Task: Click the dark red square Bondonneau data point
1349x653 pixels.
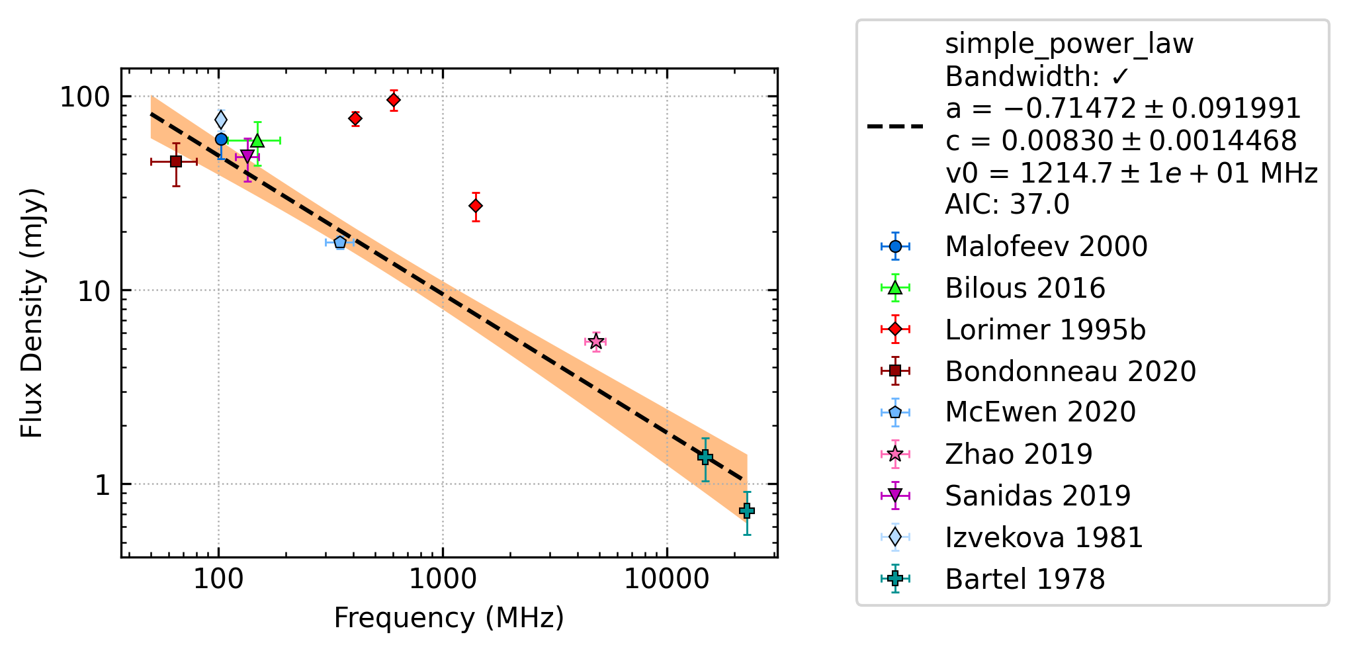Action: [176, 161]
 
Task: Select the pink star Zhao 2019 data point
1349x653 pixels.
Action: [595, 341]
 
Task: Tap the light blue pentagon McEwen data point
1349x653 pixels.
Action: [340, 243]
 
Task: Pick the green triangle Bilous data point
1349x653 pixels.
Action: [257, 140]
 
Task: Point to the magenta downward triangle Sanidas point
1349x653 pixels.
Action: [247, 157]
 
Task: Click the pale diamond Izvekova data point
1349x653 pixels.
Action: [221, 120]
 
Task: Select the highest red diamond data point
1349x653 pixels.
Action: [394, 100]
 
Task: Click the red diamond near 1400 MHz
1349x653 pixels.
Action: [475, 206]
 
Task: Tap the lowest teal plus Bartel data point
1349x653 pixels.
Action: [747, 511]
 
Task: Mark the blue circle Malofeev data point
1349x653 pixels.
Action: [221, 139]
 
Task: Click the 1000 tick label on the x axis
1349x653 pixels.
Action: [443, 580]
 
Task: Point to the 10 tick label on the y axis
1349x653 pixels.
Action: [94, 290]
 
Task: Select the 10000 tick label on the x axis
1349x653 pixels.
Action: [666, 580]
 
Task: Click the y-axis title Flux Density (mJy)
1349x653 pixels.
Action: [32, 313]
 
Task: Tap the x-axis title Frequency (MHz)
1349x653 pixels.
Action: [449, 618]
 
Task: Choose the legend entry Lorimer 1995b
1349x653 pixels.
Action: [1045, 329]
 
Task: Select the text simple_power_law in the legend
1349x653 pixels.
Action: [1069, 44]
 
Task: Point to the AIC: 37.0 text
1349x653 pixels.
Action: [1007, 204]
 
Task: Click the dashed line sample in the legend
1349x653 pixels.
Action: [895, 126]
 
